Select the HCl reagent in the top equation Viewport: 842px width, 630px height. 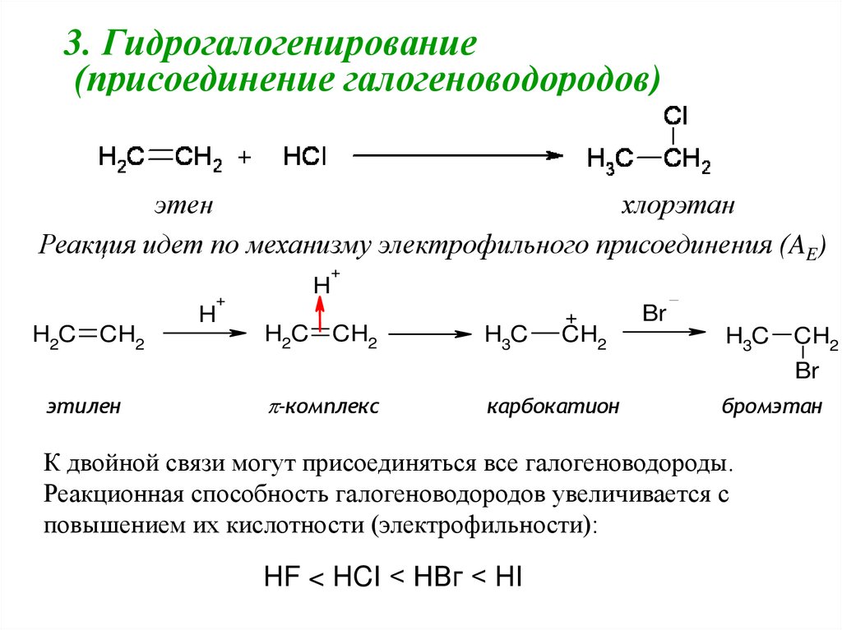coord(305,156)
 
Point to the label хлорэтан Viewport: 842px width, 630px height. coord(678,205)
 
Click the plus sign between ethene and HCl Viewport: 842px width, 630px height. coord(243,158)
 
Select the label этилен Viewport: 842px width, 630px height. coord(83,406)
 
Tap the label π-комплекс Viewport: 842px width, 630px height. coord(322,406)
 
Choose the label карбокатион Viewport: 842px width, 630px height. coord(553,406)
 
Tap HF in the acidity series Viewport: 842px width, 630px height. coord(281,577)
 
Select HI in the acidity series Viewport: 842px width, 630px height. coord(508,577)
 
